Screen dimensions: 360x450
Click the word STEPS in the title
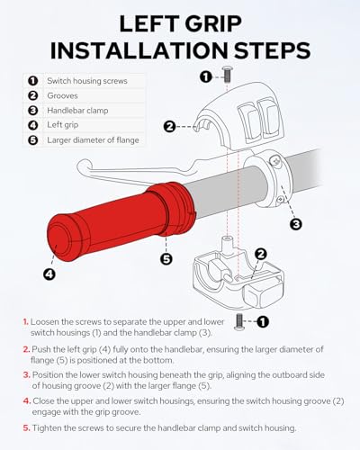pos(272,50)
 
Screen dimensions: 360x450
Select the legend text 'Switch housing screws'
pos(87,81)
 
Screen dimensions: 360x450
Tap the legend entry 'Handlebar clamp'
pos(77,111)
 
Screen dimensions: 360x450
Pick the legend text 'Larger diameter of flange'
pos(93,140)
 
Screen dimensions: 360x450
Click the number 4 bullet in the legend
pos(32,125)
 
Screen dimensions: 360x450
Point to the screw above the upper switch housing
pos(227,75)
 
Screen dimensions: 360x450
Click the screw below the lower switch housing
pos(239,322)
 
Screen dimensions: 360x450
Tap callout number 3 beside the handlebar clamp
pos(296,224)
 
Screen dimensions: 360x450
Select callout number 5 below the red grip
pos(166,258)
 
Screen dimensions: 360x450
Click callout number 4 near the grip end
pos(49,274)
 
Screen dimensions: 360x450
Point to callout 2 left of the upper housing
pos(170,127)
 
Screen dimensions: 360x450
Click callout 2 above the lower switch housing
pos(261,254)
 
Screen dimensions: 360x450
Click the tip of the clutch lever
pos(79,164)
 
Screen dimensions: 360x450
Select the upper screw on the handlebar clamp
pos(275,161)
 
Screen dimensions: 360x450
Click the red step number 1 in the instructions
pos(26,322)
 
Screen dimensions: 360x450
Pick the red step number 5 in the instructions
pos(27,428)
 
